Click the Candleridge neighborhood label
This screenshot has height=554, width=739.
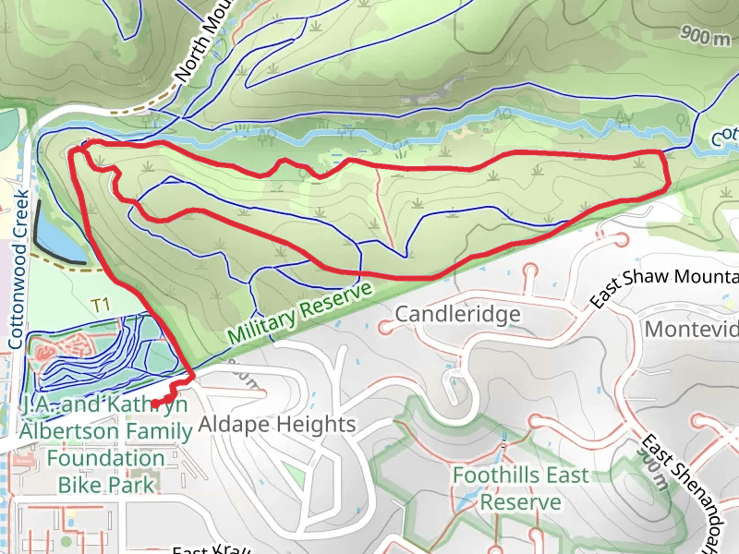tap(457, 315)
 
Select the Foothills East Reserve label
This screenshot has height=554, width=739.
tap(520, 488)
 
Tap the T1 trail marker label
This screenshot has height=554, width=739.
tap(101, 304)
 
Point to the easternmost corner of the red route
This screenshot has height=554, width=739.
tap(667, 185)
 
